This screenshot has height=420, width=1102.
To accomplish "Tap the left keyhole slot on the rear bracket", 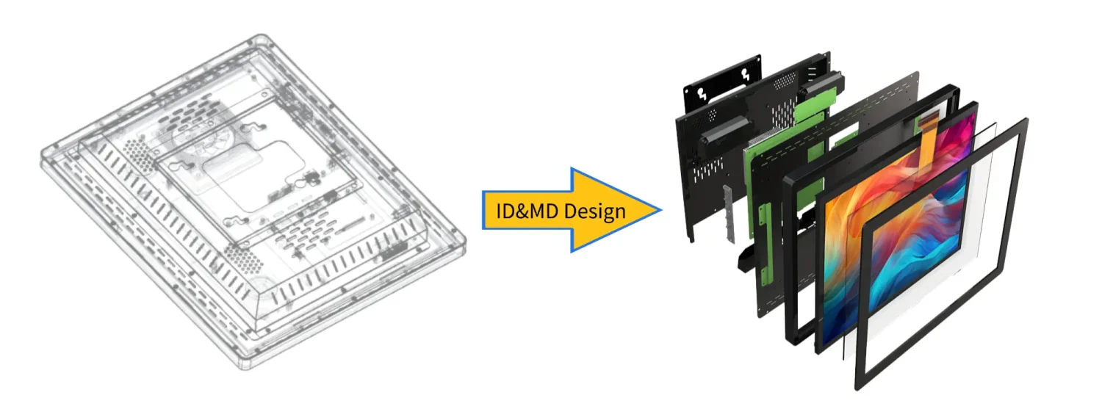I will click(699, 94).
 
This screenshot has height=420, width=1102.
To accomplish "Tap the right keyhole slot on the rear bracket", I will click(748, 73).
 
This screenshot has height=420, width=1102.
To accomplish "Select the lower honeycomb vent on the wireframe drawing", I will click(237, 257).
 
